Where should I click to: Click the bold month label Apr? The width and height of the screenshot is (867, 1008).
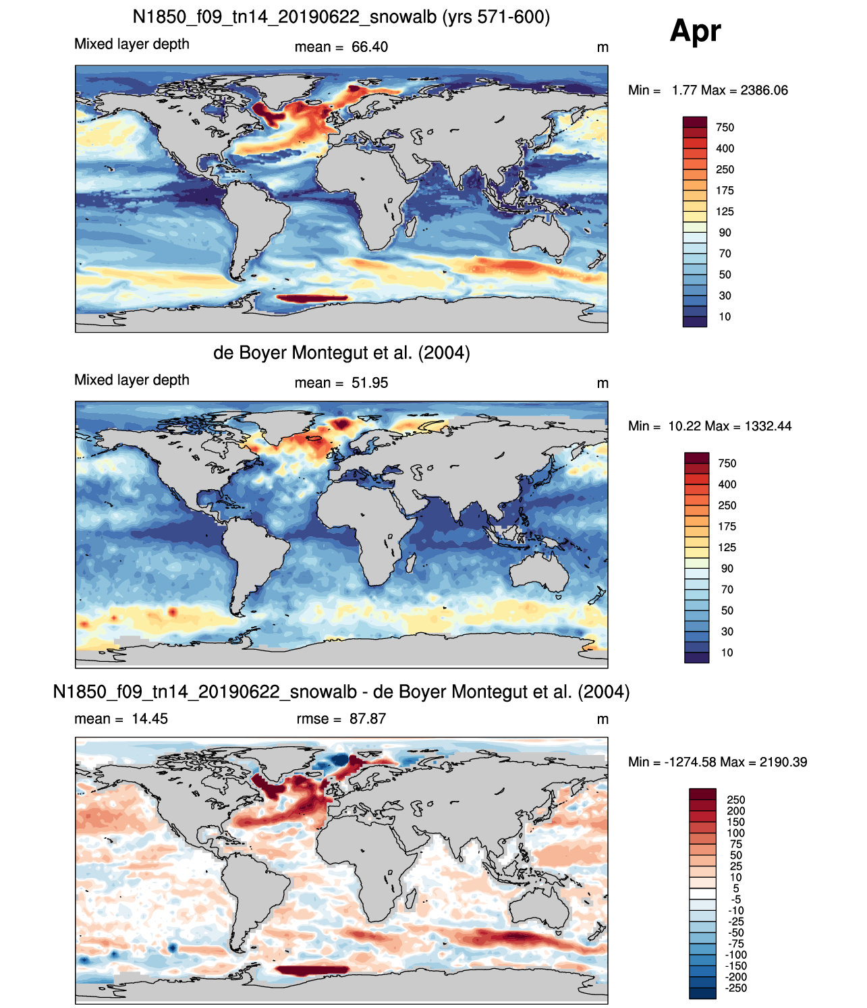(695, 32)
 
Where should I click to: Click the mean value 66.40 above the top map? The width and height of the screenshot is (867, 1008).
(370, 47)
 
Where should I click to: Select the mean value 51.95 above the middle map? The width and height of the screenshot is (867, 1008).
(370, 383)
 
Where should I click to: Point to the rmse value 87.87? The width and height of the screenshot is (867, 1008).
(368, 719)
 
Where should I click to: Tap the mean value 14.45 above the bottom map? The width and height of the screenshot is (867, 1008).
(149, 719)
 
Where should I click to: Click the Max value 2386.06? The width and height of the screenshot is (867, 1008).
(764, 90)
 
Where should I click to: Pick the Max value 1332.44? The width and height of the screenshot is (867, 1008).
(768, 426)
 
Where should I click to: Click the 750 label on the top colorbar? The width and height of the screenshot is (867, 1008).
(725, 128)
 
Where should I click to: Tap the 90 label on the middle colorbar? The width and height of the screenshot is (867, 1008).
(727, 569)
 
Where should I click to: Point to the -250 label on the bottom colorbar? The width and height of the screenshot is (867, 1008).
(736, 988)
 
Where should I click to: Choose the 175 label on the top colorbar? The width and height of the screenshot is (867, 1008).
(725, 191)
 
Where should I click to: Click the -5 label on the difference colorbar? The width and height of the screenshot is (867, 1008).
(736, 900)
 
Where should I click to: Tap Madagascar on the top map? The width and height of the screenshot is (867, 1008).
(412, 227)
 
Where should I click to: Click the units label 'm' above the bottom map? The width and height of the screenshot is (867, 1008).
(603, 719)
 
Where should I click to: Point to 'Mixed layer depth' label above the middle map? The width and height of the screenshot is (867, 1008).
(132, 380)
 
